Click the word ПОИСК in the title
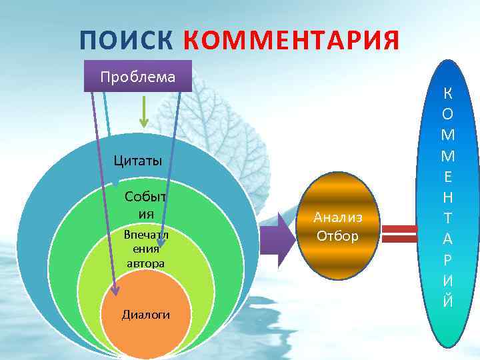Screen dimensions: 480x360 pyautogui.click(x=126, y=41)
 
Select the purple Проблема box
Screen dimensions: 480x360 pyautogui.click(x=138, y=76)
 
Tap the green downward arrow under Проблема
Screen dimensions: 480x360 pyautogui.click(x=143, y=113)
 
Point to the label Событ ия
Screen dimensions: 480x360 pyautogui.click(x=145, y=205)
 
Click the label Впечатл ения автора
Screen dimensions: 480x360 pyautogui.click(x=145, y=249)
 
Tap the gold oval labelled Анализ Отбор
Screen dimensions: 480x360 pyautogui.click(x=339, y=227)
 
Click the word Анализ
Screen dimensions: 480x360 pyautogui.click(x=339, y=217)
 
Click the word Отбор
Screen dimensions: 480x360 pyautogui.click(x=338, y=236)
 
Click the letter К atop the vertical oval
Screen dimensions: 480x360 pyautogui.click(x=448, y=94)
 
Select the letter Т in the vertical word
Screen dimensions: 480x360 pyautogui.click(x=448, y=217)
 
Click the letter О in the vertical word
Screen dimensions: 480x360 pyautogui.click(x=448, y=114)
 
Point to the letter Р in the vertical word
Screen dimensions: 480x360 pyautogui.click(x=448, y=259)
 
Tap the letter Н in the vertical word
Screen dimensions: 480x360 pyautogui.click(x=448, y=197)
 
